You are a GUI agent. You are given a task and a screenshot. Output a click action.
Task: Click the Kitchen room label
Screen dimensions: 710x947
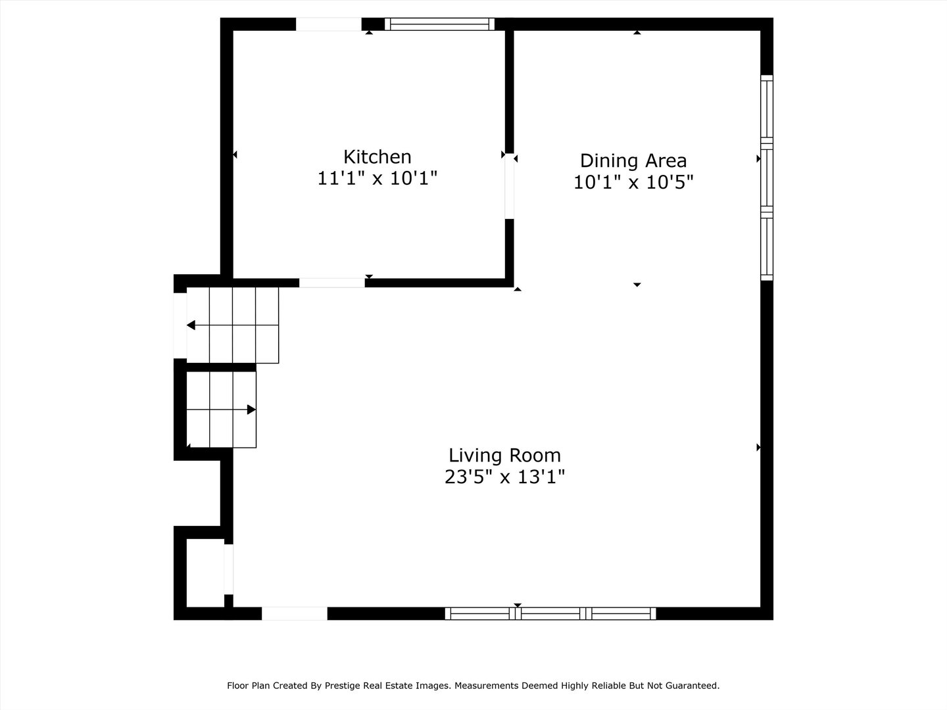point(377,156)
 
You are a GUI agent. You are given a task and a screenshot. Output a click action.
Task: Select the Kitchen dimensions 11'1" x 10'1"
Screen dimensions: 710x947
point(377,178)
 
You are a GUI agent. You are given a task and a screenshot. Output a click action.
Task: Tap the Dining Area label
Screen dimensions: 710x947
point(633,160)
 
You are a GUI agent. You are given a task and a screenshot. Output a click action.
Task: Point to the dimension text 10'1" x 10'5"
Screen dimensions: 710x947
point(633,182)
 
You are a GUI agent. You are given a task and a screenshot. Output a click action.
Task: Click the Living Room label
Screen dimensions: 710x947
point(504,455)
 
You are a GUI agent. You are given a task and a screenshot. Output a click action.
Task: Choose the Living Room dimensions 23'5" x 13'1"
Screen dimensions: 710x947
point(504,477)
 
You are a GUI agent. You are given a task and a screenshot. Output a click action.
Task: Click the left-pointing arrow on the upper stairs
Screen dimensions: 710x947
point(191,325)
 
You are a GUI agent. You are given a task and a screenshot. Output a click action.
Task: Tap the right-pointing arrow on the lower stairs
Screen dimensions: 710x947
point(251,410)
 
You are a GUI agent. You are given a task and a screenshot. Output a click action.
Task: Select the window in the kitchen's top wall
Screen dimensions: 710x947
point(439,24)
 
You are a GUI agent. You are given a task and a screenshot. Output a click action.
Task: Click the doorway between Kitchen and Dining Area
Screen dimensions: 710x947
point(509,188)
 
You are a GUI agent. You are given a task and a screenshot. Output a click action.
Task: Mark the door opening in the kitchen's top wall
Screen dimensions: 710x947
point(328,24)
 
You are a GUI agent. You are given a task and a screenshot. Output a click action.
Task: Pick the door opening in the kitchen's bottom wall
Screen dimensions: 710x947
point(332,283)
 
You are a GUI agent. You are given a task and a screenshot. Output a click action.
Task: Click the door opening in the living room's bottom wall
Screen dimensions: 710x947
point(295,613)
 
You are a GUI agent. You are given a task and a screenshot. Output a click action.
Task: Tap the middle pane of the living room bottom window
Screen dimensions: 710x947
point(551,613)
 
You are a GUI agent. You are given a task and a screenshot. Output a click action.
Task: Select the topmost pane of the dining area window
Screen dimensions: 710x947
point(767,108)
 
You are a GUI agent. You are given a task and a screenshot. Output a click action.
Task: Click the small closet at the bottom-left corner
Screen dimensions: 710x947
point(205,573)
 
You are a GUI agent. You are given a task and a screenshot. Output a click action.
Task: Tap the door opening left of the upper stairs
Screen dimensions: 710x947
point(180,325)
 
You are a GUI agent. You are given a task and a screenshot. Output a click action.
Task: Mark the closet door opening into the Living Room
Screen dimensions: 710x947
point(228,569)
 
